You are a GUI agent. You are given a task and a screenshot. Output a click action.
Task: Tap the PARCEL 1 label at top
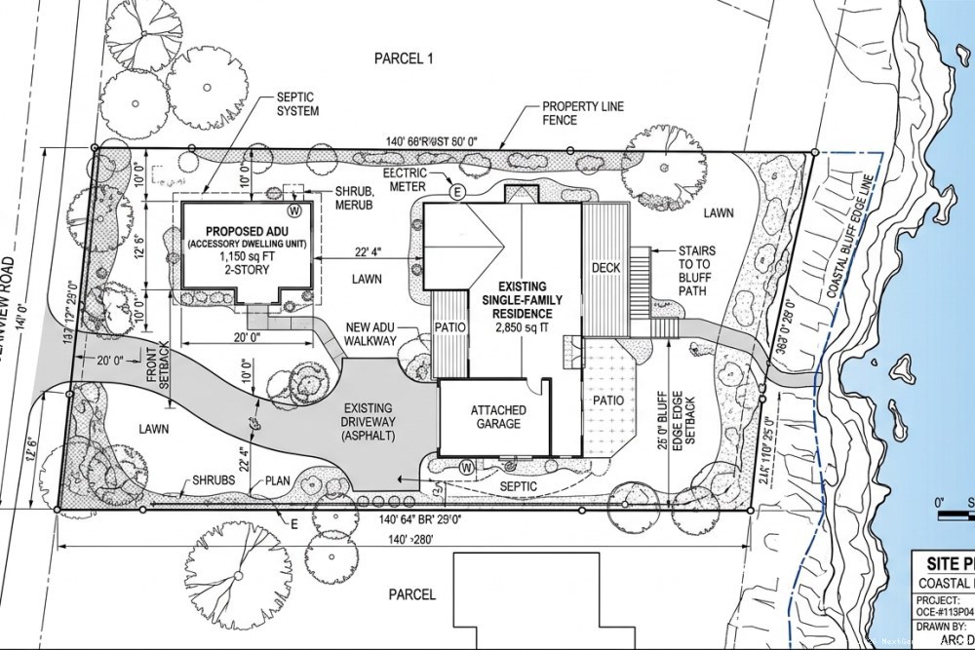[403, 58]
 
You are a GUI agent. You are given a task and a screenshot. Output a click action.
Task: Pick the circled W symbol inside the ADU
[292, 209]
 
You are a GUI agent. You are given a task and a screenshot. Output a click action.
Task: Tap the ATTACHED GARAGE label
[496, 416]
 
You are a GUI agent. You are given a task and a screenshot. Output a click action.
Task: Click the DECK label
[606, 267]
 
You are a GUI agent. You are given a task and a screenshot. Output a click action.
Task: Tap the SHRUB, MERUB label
[359, 195]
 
